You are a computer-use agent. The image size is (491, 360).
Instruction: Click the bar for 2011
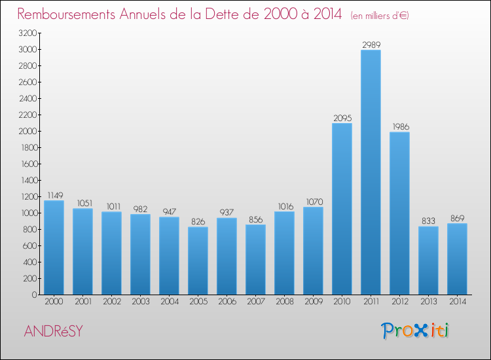click(371, 172)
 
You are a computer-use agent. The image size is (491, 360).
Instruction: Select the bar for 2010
click(342, 209)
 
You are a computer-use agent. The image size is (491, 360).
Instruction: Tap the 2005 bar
click(198, 261)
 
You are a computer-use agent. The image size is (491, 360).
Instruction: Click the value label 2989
click(371, 45)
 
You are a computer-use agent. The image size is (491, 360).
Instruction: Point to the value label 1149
click(54, 195)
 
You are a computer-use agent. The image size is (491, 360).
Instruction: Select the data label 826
click(198, 222)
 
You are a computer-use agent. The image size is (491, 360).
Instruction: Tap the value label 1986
click(399, 126)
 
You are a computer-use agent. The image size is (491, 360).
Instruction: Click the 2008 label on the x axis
click(284, 302)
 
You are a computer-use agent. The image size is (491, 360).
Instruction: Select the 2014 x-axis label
click(457, 302)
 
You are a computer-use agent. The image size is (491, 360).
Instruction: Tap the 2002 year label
click(111, 302)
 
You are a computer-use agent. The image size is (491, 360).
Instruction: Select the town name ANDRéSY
click(53, 331)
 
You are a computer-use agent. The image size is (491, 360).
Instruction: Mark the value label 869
click(457, 218)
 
